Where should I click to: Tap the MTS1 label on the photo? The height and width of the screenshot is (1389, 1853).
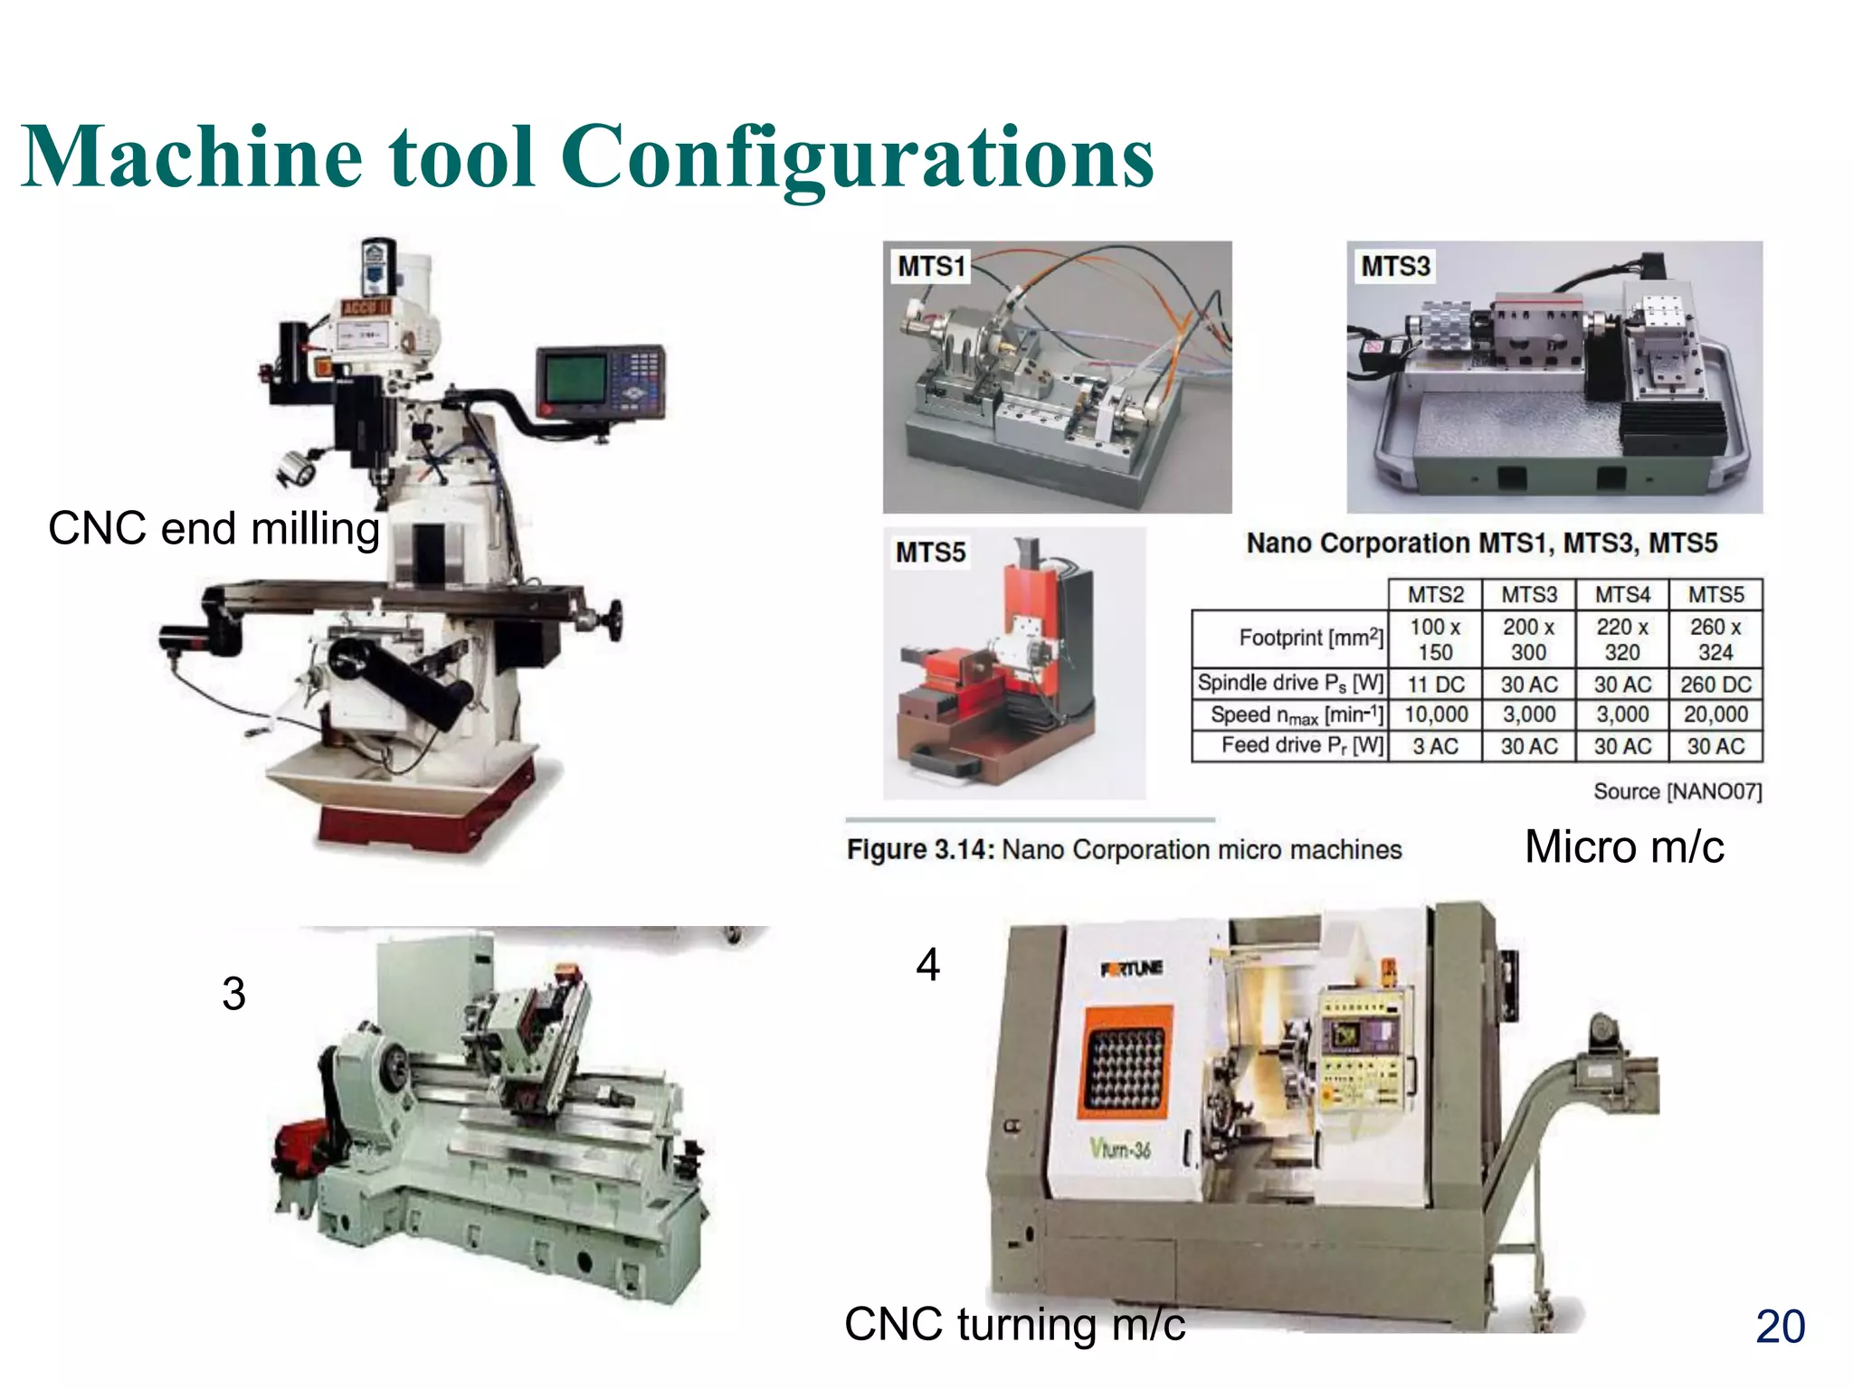(x=931, y=266)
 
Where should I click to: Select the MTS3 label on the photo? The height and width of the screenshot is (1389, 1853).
(x=1395, y=266)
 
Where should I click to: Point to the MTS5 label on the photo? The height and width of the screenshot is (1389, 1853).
(x=930, y=552)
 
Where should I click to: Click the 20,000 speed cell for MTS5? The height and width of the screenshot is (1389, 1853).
(x=1715, y=714)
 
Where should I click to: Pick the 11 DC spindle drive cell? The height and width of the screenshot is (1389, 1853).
(x=1435, y=685)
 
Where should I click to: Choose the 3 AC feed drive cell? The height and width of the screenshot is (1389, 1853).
(x=1435, y=746)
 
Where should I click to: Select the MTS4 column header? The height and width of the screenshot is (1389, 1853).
(x=1622, y=594)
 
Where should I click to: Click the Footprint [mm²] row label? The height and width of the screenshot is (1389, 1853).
(x=1310, y=638)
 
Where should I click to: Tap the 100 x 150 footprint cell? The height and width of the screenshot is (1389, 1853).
(x=1435, y=638)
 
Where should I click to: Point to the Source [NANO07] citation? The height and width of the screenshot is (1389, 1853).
(x=1677, y=791)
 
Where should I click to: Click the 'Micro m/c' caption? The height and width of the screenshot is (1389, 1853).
(x=1624, y=846)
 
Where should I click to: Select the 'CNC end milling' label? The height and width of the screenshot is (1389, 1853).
(x=214, y=528)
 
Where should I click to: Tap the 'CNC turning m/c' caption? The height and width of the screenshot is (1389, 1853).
(x=1014, y=1324)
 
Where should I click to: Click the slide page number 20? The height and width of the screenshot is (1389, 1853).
(x=1780, y=1327)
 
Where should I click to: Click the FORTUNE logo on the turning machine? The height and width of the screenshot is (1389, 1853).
(x=1131, y=969)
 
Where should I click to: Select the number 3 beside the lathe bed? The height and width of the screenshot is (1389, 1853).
(x=233, y=994)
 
